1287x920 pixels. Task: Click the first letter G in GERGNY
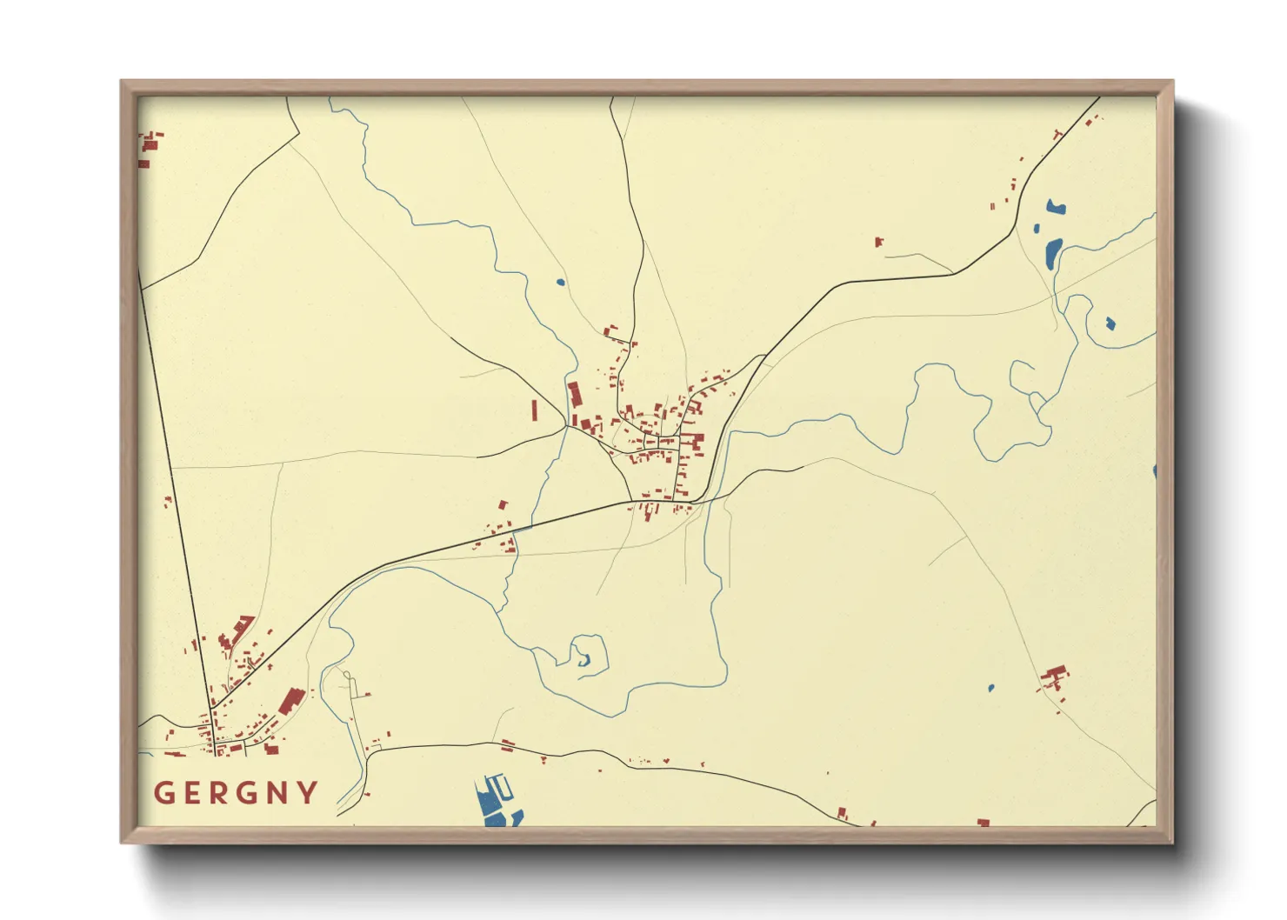164,793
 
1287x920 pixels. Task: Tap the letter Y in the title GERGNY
308,793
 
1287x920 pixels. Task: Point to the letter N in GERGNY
279,793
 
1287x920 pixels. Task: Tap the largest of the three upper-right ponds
1052,252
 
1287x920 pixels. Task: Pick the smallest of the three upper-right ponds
1036,230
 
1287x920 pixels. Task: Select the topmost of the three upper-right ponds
1056,207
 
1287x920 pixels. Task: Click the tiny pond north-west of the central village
560,282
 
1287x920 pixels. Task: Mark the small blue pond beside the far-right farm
990,688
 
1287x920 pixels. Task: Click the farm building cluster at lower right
1055,677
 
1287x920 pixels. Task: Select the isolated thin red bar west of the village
535,410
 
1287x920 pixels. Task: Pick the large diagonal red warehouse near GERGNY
290,701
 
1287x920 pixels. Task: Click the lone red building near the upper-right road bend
879,242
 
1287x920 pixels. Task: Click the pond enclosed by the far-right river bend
1110,323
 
